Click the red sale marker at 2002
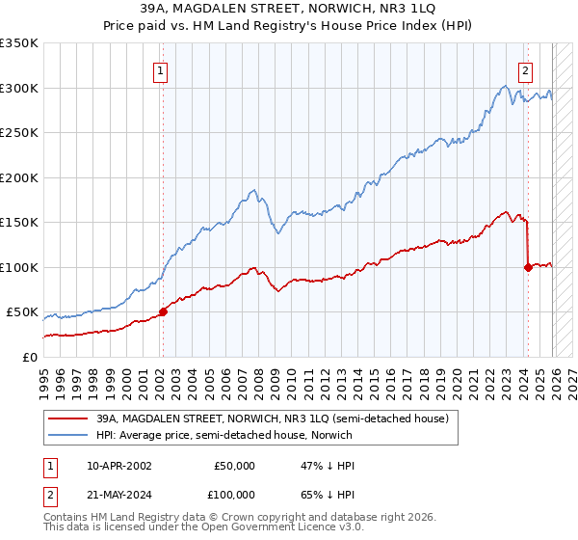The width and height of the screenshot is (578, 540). tap(163, 311)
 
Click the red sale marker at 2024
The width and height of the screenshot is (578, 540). tap(528, 267)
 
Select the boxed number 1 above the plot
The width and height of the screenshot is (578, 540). tap(160, 69)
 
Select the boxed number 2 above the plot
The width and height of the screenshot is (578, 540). tap(525, 69)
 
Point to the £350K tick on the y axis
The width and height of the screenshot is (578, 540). tap(19, 43)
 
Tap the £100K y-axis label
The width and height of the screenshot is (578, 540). tap(19, 267)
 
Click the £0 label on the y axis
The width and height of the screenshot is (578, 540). tap(29, 357)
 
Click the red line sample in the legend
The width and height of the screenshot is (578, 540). tap(67, 419)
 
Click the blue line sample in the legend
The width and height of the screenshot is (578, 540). tap(67, 436)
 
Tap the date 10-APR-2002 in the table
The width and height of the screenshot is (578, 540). tap(119, 466)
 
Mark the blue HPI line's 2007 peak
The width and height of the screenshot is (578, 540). tap(252, 190)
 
